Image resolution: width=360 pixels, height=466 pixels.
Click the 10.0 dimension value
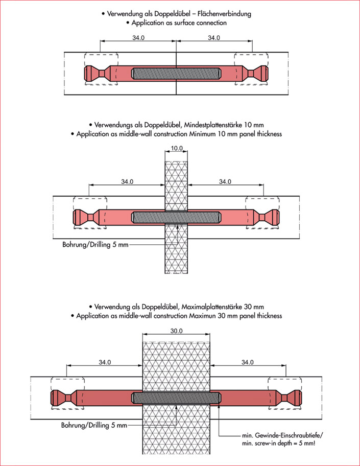[176, 148]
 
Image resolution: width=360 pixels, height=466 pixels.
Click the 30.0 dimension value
[176, 331]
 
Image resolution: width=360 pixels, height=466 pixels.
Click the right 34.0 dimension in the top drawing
[214, 38]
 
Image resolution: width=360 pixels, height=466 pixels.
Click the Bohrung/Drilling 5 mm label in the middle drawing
[95, 244]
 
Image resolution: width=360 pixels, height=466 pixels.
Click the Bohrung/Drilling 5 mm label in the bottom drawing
[94, 425]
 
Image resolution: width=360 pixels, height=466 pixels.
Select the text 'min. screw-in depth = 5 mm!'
[279, 442]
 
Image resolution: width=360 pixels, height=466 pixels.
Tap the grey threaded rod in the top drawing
[176, 73]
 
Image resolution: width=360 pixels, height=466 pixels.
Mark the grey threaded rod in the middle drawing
[176, 217]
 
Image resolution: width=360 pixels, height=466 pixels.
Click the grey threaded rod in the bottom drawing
[176, 397]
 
